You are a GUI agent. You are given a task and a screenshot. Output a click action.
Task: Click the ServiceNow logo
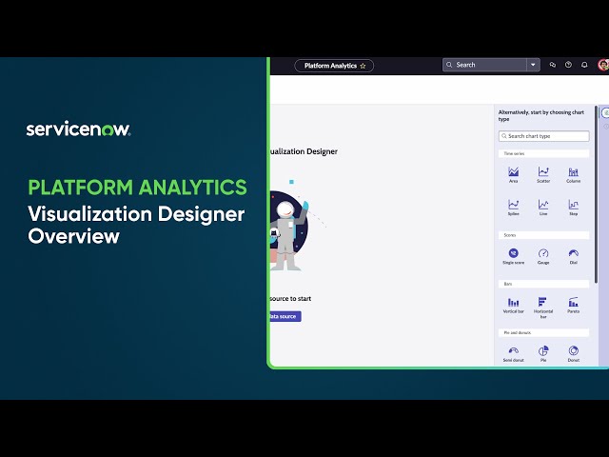coord(78,129)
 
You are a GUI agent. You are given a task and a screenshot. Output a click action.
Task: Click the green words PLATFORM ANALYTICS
coord(137,188)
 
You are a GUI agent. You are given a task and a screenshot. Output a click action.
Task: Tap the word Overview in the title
coord(74,236)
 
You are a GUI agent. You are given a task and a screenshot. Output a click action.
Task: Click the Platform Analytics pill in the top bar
coord(334,66)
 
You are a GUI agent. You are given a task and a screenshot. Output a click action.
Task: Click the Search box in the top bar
coord(484,65)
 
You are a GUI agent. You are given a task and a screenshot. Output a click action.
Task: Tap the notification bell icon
coord(584,65)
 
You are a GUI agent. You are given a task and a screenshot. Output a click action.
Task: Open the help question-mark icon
coord(568,65)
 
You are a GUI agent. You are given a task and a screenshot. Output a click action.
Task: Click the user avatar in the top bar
coord(602,65)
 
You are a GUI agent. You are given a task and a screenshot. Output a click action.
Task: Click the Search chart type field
coord(544,136)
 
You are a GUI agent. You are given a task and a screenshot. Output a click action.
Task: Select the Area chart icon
coord(514,172)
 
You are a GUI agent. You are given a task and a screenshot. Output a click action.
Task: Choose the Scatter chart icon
coord(543,172)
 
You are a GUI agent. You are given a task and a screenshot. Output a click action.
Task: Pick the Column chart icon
coord(573,172)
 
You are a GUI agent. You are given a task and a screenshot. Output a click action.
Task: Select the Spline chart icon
coord(514,204)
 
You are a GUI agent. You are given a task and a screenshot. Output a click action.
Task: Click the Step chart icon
coord(573,204)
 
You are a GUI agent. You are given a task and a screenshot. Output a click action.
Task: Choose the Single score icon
coord(514,253)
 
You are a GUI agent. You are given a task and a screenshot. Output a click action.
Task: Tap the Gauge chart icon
coord(543,253)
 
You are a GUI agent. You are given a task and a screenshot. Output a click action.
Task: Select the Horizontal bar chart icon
coord(543,302)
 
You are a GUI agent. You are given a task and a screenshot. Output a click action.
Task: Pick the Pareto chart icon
coord(573,302)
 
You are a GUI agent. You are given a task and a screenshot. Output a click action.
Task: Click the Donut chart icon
coord(573,350)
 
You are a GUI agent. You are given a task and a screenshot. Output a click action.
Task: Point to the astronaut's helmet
coord(285,207)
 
